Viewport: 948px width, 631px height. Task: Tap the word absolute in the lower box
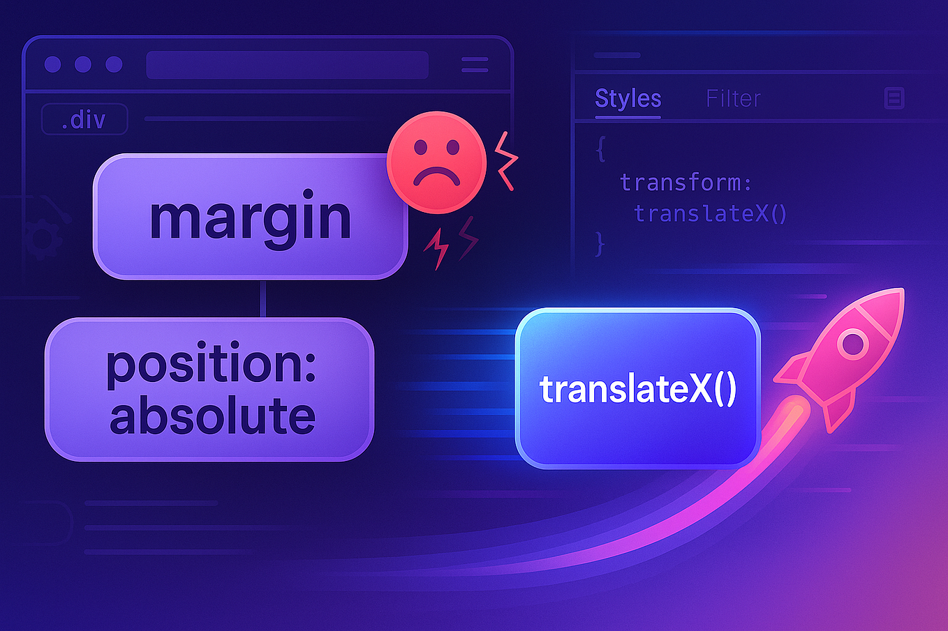click(x=212, y=416)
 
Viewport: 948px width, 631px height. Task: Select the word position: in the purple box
click(x=212, y=364)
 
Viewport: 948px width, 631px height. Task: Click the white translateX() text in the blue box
click(x=637, y=389)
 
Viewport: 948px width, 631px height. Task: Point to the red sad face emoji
click(x=436, y=162)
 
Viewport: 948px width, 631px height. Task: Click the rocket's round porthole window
click(x=852, y=344)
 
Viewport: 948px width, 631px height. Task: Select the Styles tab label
click(x=628, y=98)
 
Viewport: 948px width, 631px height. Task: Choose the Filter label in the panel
click(x=733, y=98)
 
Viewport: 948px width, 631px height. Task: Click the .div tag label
click(x=84, y=119)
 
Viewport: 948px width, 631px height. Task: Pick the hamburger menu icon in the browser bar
click(x=475, y=65)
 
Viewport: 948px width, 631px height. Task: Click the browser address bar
click(x=287, y=65)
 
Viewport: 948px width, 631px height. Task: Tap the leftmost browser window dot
click(x=52, y=64)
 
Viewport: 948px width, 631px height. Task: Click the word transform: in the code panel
click(x=686, y=183)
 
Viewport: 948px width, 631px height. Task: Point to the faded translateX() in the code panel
click(x=711, y=213)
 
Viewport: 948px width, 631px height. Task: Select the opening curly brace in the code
click(x=600, y=149)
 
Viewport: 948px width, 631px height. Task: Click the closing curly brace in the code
click(x=599, y=244)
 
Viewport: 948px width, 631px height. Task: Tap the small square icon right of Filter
click(x=894, y=98)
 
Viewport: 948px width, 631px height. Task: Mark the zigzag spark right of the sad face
click(x=506, y=160)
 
